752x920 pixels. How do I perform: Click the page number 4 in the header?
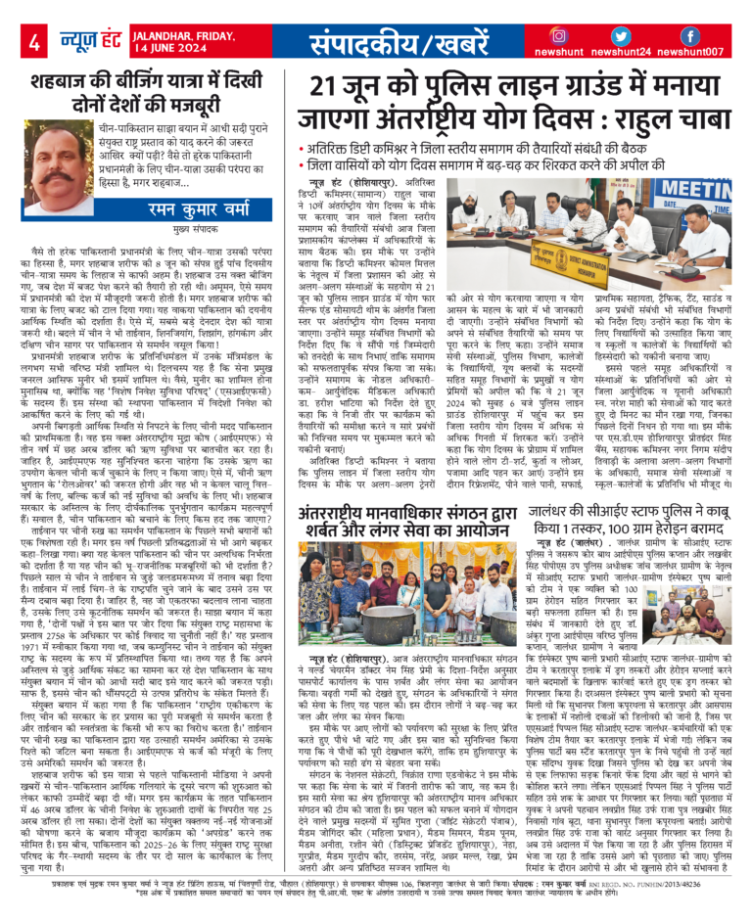(x=34, y=42)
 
